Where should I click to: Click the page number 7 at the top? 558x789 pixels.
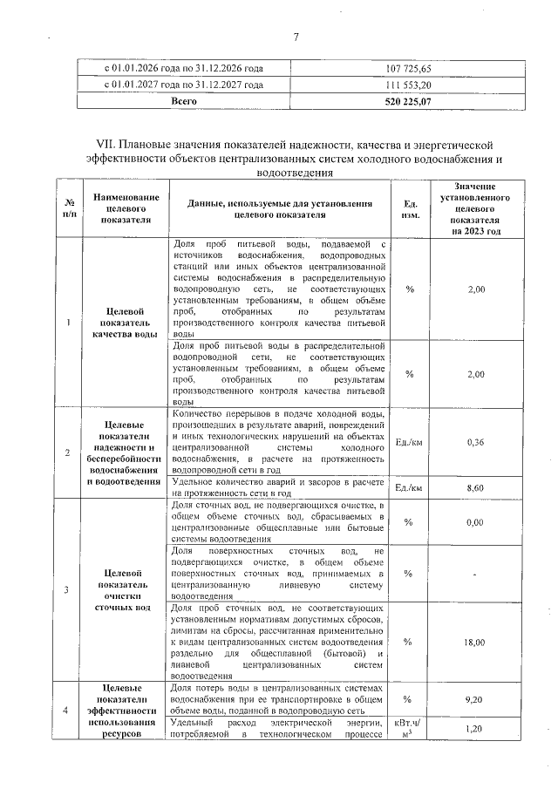pos(296,37)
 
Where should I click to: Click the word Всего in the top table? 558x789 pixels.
pos(183,101)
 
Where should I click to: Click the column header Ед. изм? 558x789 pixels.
pos(409,208)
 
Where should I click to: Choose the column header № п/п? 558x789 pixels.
pos(68,208)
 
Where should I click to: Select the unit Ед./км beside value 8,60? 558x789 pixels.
pos(409,487)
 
